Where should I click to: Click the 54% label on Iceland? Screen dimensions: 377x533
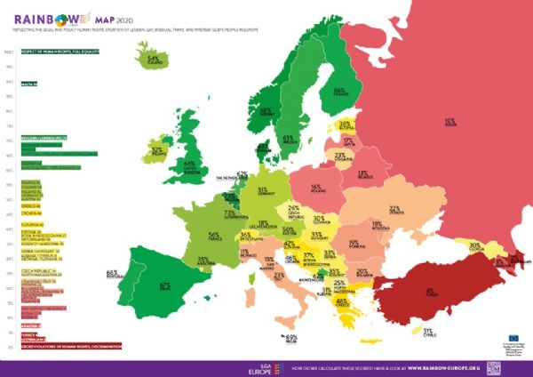pos(153,60)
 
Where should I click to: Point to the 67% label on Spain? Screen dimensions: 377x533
pos(164,286)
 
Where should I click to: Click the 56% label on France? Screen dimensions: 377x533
pos(213,237)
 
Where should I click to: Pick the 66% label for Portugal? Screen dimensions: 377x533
pos(112,272)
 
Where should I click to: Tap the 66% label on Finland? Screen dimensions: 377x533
pos(338,91)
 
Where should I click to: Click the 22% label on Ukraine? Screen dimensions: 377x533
pos(395,210)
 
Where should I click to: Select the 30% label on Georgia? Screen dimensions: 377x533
pos(475,245)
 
